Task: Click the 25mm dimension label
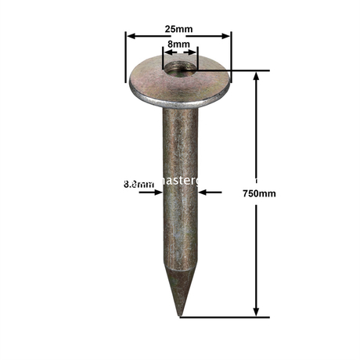pos(179,28)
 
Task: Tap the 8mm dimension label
pos(179,46)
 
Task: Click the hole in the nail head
pos(180,69)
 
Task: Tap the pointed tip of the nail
pos(180,315)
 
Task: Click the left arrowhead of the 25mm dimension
pos(131,36)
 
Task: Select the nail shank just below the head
pos(180,117)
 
